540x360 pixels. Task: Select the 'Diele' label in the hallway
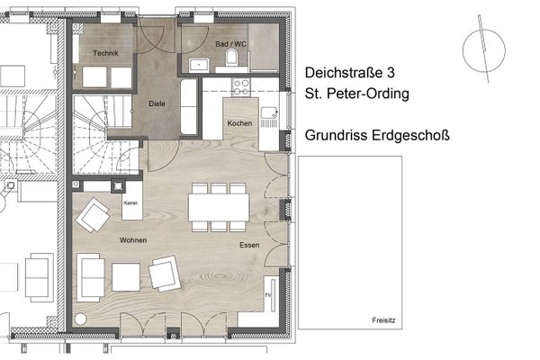157,103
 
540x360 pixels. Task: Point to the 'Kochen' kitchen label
238,122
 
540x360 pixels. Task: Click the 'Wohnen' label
132,240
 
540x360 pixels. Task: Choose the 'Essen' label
249,245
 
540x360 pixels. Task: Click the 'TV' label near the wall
267,294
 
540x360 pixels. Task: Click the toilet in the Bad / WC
233,59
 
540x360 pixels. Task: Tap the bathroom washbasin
199,63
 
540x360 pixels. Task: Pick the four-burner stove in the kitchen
242,87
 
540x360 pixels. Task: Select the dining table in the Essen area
218,208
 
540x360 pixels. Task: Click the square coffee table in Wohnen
125,276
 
